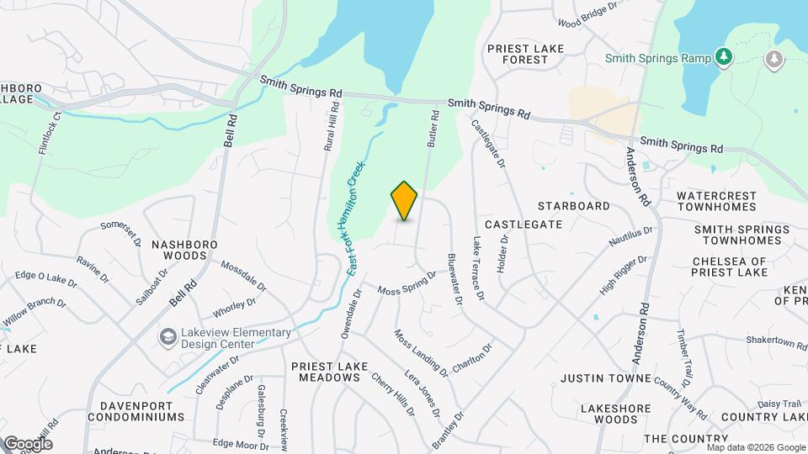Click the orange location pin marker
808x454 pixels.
click(405, 201)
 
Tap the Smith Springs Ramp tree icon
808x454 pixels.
click(721, 57)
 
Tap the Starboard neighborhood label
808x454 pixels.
click(573, 206)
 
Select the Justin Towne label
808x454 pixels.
click(606, 378)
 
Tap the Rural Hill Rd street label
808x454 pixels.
click(332, 127)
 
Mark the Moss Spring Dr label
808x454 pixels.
click(407, 283)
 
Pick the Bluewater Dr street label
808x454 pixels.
click(455, 280)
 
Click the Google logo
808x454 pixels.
click(28, 444)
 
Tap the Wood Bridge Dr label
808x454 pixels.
click(588, 22)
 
